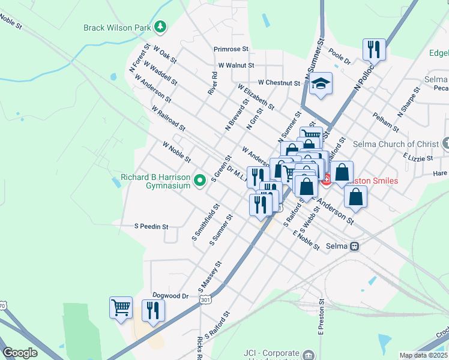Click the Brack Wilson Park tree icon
point(160,26)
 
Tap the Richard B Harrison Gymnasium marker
point(202,178)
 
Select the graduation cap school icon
point(321,84)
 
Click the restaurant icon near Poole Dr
point(374,49)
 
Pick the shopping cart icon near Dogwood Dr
point(121,307)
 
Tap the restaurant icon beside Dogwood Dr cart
point(153,310)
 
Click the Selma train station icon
point(355,246)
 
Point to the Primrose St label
point(231,49)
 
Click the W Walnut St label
point(237,65)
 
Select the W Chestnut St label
point(279,82)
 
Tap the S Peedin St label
point(151,227)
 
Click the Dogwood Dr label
point(172,296)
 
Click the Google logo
point(20,353)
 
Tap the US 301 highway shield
point(205,299)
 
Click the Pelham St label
point(385,122)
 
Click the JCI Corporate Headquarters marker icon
point(309,355)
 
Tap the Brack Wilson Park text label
point(117,27)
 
